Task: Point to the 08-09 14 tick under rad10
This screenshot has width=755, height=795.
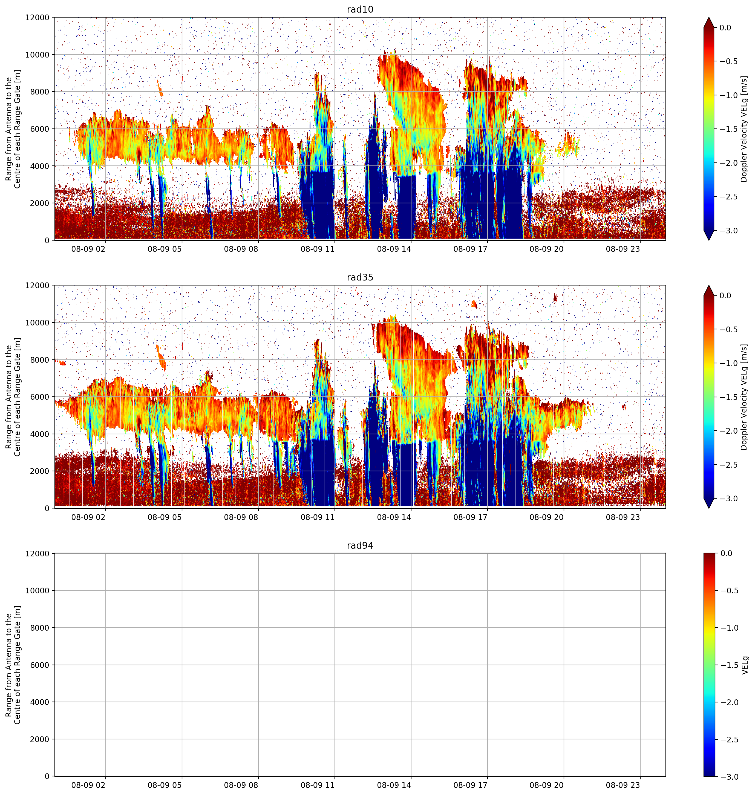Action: [394, 248]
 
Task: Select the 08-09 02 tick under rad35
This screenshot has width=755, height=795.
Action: [88, 517]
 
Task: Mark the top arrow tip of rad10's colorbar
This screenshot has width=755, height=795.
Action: [709, 17]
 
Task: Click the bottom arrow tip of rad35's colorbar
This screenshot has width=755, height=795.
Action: [709, 508]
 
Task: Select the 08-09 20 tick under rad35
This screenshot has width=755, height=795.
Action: [546, 517]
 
